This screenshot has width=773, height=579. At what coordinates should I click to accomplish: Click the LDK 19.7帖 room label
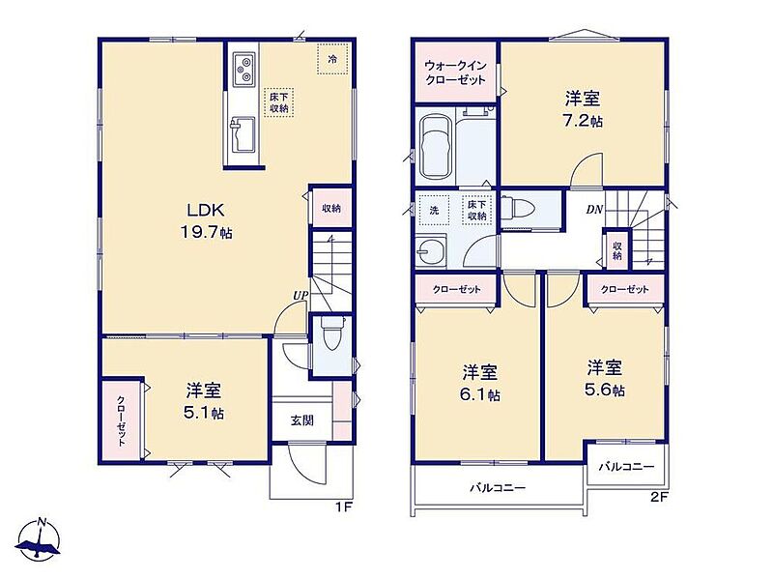click(206, 221)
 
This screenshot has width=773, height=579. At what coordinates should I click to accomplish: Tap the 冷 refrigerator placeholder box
click(333, 59)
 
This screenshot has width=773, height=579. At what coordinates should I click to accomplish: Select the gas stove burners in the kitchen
click(243, 69)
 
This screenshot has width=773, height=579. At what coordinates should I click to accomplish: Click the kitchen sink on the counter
click(243, 134)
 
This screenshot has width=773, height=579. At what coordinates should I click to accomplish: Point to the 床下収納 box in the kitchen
click(279, 102)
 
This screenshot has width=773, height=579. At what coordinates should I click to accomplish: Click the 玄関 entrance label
click(301, 420)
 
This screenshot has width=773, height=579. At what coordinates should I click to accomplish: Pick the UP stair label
click(301, 296)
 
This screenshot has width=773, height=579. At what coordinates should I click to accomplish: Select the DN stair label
click(594, 210)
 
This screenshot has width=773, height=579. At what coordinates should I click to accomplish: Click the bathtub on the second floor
click(438, 149)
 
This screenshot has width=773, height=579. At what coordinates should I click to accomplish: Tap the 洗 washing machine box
click(434, 210)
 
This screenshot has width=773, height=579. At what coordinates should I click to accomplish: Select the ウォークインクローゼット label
click(456, 72)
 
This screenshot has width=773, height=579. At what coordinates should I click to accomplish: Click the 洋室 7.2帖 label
click(583, 109)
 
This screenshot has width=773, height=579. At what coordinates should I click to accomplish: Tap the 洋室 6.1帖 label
click(480, 383)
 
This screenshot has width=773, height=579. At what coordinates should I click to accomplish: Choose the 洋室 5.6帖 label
click(605, 378)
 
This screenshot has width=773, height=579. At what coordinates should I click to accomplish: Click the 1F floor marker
click(343, 507)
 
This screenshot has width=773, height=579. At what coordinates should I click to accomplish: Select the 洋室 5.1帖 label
click(204, 401)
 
